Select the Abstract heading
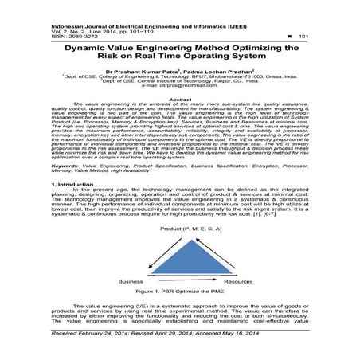180,98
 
